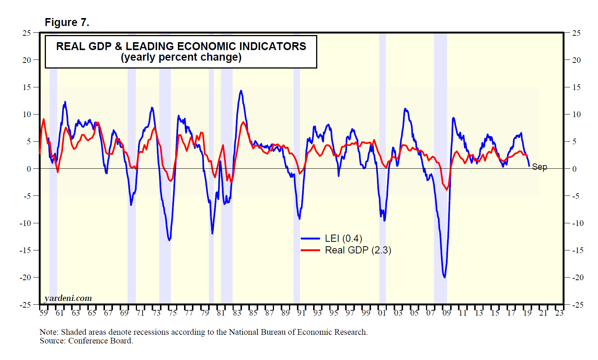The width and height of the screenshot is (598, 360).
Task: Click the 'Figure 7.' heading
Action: tap(67, 23)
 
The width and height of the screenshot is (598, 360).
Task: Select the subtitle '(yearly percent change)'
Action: tap(181, 57)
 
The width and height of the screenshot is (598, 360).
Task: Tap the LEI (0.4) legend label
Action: tap(343, 238)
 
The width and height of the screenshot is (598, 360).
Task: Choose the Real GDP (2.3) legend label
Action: tap(358, 250)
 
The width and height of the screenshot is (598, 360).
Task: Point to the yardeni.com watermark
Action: tap(68, 298)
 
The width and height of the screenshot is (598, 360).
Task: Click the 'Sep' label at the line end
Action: tap(539, 167)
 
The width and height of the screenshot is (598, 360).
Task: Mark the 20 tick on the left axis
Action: tap(27, 60)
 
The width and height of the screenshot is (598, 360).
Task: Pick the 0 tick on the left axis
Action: tap(29, 169)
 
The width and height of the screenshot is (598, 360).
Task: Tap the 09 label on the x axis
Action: tap(446, 313)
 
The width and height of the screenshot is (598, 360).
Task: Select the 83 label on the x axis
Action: tap(237, 313)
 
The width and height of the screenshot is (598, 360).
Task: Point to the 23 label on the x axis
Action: tap(559, 313)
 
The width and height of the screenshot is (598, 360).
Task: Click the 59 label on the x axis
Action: tap(44, 313)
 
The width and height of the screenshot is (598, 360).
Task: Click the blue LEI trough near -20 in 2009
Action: tap(444, 278)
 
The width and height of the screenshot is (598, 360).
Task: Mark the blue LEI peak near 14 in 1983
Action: tap(241, 91)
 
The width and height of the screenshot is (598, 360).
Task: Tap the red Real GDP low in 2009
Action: tap(447, 189)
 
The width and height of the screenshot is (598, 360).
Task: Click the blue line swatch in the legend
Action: tap(310, 238)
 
